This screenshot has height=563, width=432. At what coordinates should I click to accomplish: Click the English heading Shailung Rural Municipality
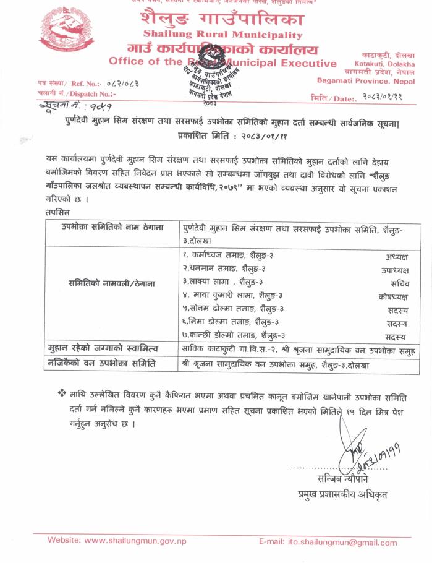coord(222,35)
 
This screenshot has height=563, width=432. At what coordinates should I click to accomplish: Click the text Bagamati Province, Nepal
coord(365,80)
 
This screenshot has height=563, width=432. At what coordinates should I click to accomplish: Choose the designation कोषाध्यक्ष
coord(392,296)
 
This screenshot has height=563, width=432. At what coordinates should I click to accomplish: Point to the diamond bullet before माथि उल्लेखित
coord(61,393)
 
